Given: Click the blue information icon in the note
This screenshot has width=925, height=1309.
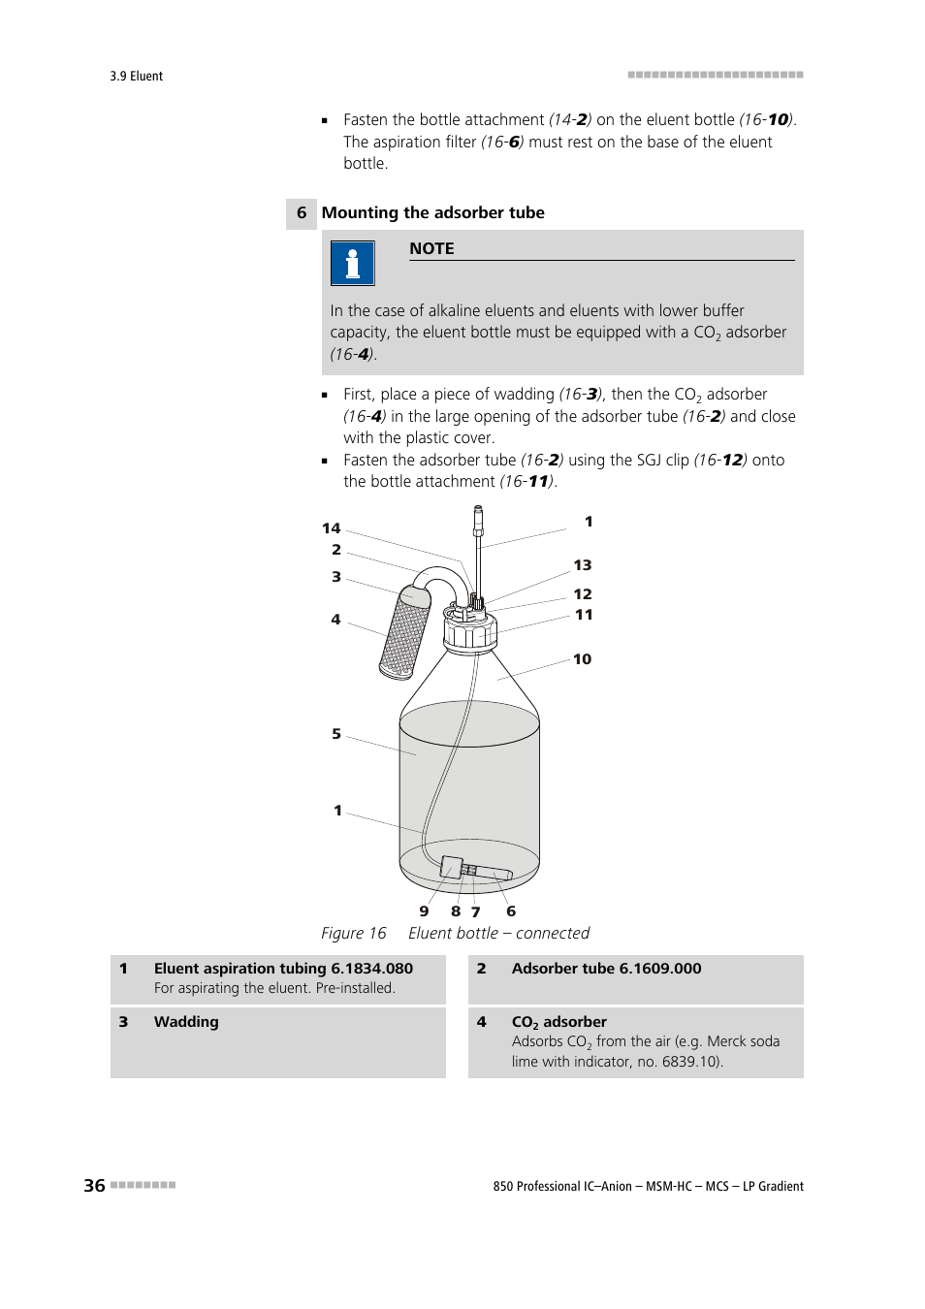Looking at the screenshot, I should coord(352,263).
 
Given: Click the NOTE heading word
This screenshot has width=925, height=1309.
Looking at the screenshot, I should coord(431,248).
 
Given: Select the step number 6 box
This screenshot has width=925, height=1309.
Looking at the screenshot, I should coord(302,213).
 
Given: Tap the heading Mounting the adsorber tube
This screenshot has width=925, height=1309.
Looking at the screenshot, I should coord(432,212).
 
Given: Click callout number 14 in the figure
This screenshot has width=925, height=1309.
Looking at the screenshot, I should coord(332,528).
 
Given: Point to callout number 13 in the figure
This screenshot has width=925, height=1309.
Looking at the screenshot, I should coord(582,565).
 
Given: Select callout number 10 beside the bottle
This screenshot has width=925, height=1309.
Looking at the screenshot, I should coord(582,659).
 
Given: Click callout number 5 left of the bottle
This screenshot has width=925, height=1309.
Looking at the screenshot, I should coord(336,734).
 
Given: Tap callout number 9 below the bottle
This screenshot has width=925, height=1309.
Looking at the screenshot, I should coord(424,911).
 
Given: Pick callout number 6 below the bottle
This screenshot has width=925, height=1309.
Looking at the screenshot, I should coord(511,911).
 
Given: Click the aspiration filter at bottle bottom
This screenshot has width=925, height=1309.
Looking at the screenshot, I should coord(475,868).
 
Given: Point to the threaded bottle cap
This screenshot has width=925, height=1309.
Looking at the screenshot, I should coord(470,633).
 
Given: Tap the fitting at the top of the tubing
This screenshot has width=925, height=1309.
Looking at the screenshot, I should coord(478,521).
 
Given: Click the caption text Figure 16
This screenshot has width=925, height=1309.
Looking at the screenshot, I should coord(354,933).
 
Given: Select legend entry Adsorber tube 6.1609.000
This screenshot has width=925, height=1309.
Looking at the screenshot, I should coord(606,969).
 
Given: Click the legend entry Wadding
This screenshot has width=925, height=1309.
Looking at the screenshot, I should coord(186,1022).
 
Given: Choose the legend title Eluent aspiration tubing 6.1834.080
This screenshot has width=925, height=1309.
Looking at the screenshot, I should coord(283,969).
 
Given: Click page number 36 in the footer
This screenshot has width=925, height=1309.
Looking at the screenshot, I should coord(94,1185).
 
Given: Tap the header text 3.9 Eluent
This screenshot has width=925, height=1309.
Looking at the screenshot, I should coord(136,76).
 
